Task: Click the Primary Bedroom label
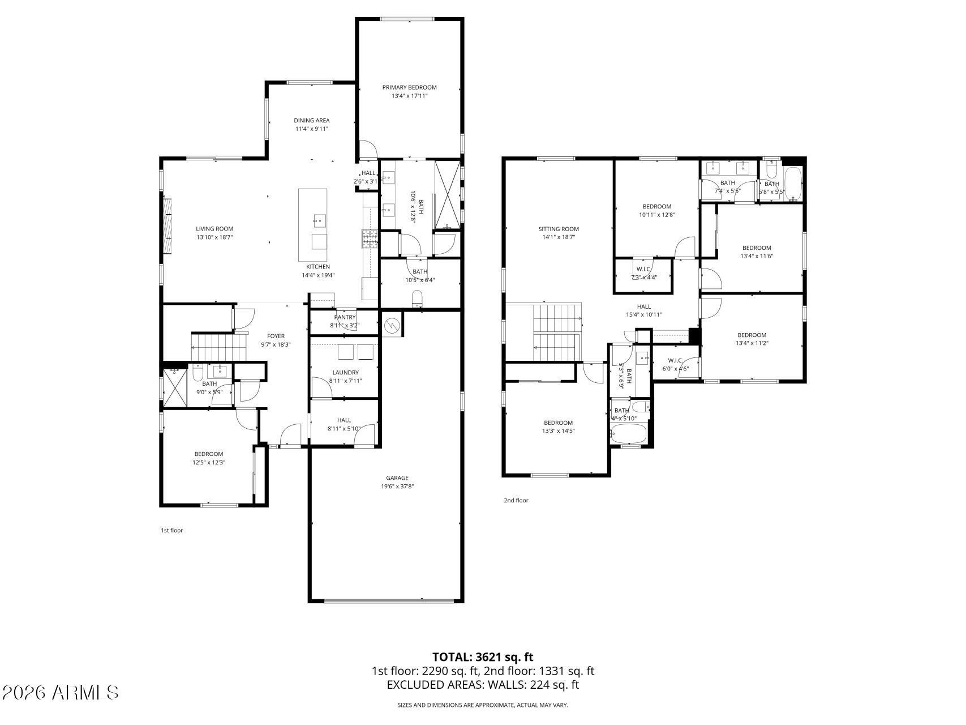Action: (x=409, y=87)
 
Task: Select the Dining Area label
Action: (x=311, y=120)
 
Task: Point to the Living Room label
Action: (x=214, y=229)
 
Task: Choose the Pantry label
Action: (x=345, y=317)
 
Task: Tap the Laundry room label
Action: (x=345, y=372)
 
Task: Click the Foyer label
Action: (x=276, y=336)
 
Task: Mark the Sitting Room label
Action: (x=559, y=229)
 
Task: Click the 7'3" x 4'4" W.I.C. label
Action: (x=643, y=269)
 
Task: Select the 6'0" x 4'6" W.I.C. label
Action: (x=675, y=361)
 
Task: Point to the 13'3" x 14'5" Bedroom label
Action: (x=558, y=423)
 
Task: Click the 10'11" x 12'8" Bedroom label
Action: (x=656, y=207)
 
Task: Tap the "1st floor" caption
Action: (x=172, y=531)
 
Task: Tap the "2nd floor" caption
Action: (x=516, y=500)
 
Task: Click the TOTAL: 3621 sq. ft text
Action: (x=483, y=657)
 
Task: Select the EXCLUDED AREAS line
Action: (x=483, y=685)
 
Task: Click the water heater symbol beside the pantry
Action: (x=392, y=325)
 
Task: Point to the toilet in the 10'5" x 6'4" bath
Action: (x=418, y=298)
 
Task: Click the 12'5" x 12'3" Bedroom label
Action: (x=209, y=454)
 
